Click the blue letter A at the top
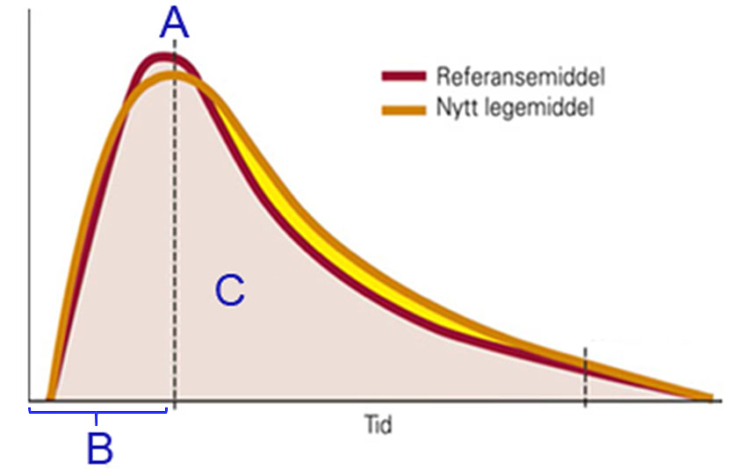point(174,23)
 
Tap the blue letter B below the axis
point(99,450)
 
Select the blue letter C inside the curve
point(229,291)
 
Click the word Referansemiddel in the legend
point(520,76)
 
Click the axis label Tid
point(378,427)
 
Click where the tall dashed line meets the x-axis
point(174,402)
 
